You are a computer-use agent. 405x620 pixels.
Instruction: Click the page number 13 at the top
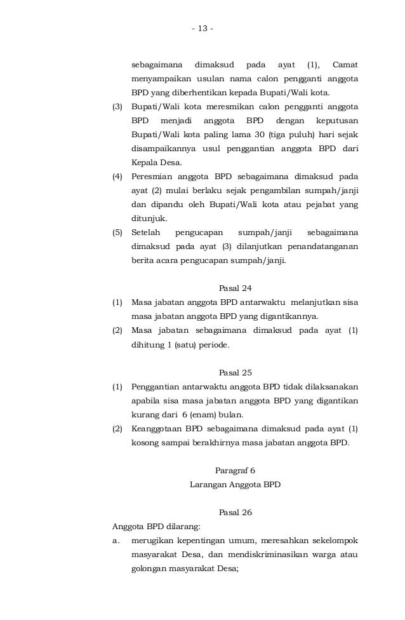pyautogui.click(x=202, y=28)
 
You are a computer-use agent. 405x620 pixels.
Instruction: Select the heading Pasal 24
pyautogui.click(x=235, y=288)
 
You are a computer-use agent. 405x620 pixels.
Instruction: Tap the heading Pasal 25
pyautogui.click(x=235, y=372)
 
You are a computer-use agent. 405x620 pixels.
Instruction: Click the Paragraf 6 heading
pyautogui.click(x=235, y=471)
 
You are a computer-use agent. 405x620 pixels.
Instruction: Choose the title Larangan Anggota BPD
pyautogui.click(x=235, y=485)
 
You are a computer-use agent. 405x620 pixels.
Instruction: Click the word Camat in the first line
pyautogui.click(x=345, y=65)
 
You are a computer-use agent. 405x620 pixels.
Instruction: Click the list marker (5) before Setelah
pyautogui.click(x=117, y=232)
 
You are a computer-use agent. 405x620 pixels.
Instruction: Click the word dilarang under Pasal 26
pyautogui.click(x=184, y=527)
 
